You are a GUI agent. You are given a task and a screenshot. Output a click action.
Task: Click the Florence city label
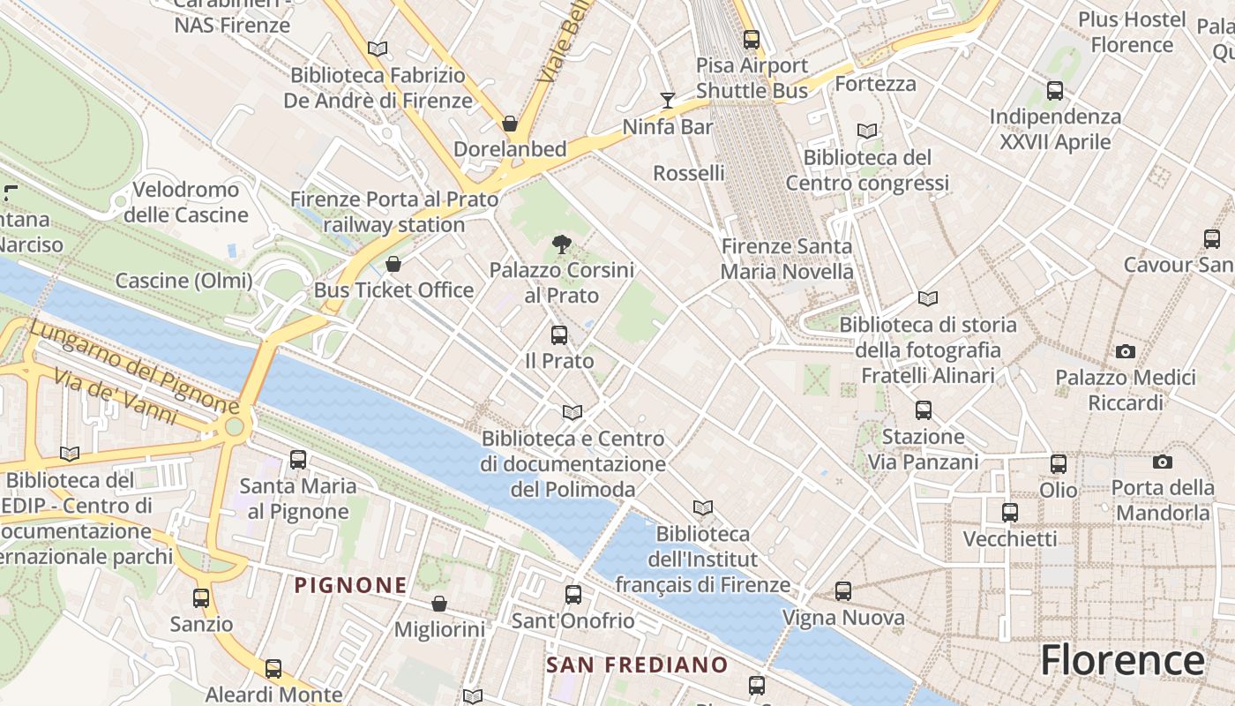coord(1122,660)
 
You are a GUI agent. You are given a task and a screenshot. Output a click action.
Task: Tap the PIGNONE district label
coord(350,585)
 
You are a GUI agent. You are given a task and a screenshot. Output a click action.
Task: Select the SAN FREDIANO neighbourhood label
coord(637,665)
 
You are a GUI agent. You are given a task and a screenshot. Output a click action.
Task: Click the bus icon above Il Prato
coord(559,335)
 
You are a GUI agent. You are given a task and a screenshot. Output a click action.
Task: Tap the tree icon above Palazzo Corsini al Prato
coord(561,244)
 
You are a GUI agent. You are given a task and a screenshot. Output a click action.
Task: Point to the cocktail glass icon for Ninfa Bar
coord(668,101)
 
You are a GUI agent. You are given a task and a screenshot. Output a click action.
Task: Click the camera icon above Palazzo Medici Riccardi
coord(1125,352)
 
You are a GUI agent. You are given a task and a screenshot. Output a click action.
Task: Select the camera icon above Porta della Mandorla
coord(1162,462)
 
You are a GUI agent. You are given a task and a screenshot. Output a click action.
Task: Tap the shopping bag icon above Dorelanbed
coord(510,124)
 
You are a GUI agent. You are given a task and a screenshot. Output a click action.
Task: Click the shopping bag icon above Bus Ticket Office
coord(393,265)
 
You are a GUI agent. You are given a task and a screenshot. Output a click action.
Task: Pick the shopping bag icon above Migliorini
coord(438,604)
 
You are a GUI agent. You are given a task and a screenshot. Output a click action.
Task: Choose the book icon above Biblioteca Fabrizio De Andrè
coord(378,49)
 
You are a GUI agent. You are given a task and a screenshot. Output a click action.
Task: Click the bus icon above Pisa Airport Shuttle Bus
coord(752,40)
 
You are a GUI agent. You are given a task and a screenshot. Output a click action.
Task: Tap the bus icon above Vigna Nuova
coord(843,591)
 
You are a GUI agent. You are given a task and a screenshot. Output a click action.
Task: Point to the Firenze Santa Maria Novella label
coord(787,259)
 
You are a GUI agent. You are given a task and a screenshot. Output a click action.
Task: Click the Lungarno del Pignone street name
coord(134,367)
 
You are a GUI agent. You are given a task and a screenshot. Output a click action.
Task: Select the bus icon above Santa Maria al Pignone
coord(298,460)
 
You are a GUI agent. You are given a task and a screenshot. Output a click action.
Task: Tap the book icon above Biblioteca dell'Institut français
coord(702,507)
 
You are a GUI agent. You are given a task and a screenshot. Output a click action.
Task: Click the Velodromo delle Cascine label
coord(185,202)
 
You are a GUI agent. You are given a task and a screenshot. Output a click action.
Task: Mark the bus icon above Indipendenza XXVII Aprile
coord(1054,90)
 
